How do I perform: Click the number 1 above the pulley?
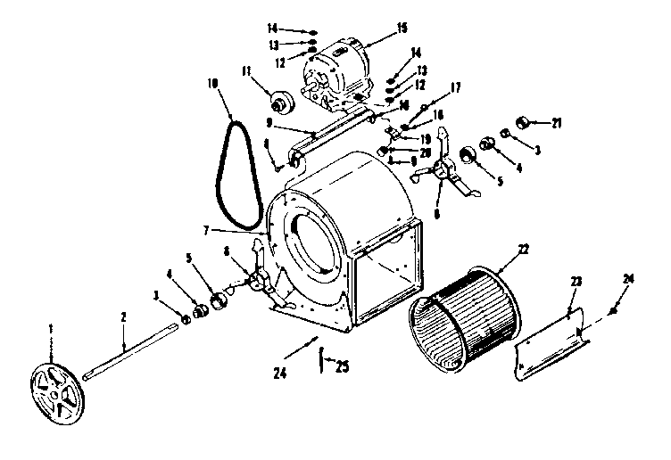(x=52, y=329)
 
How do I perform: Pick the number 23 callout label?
(x=576, y=281)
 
